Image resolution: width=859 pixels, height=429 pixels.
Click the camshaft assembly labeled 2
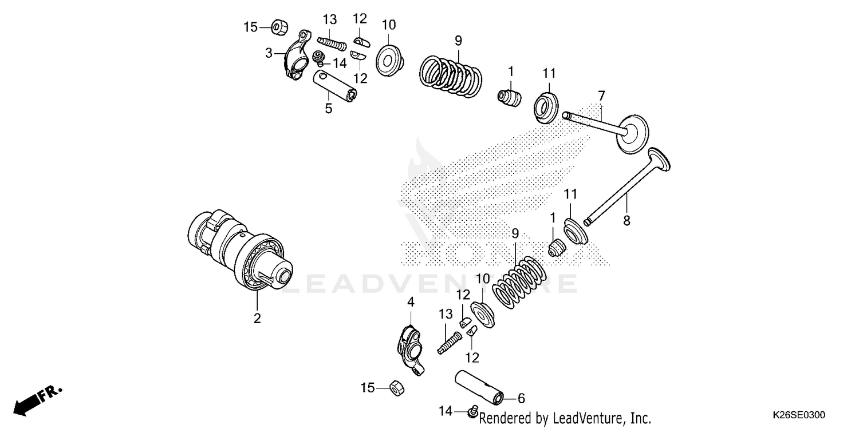[241, 252]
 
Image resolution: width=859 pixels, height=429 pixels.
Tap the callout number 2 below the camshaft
[257, 319]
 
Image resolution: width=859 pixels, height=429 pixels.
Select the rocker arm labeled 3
[296, 60]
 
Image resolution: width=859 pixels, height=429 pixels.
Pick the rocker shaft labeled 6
[480, 387]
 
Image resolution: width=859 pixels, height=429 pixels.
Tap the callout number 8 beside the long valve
[626, 220]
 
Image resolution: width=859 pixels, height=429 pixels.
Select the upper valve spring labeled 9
[451, 73]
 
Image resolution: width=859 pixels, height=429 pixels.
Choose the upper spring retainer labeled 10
[389, 58]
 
